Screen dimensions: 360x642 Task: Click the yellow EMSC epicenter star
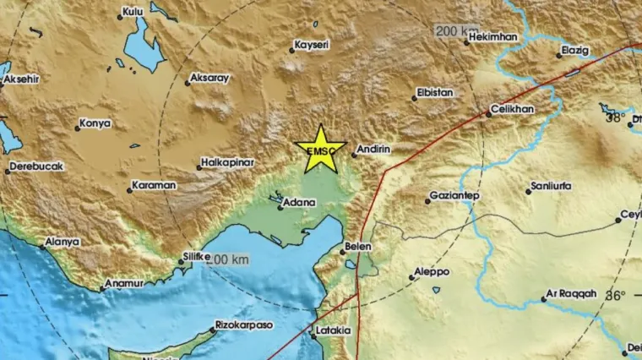coord(321,149)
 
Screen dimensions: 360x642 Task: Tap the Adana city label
coord(299,203)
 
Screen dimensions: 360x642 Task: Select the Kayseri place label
coord(310,45)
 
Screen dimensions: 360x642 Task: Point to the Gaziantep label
coord(454,196)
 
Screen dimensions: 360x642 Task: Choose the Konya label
coord(95,123)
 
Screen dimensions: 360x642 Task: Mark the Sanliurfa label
coord(549,185)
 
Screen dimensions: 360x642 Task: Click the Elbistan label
coord(436,92)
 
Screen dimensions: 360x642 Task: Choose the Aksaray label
coord(209,78)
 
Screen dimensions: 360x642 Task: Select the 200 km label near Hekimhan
coord(456,31)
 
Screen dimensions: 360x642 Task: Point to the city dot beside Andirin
coord(355,155)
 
